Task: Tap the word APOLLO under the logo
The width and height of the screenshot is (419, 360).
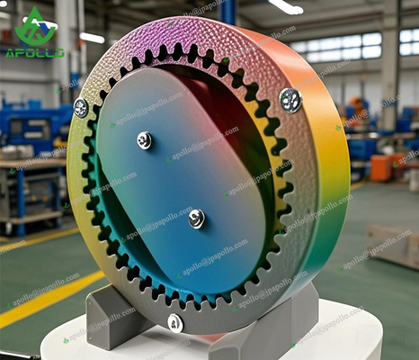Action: point(35,52)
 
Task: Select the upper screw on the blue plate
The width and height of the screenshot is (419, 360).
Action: point(144,139)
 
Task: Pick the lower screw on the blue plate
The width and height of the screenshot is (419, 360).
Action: point(196,218)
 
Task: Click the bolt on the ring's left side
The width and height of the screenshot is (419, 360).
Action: point(81,108)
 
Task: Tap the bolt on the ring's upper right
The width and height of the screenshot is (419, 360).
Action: point(290,100)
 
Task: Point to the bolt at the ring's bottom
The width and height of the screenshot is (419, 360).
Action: point(175,322)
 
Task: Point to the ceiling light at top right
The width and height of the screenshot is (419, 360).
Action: point(286,6)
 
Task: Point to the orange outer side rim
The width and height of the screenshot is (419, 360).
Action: point(333,180)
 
